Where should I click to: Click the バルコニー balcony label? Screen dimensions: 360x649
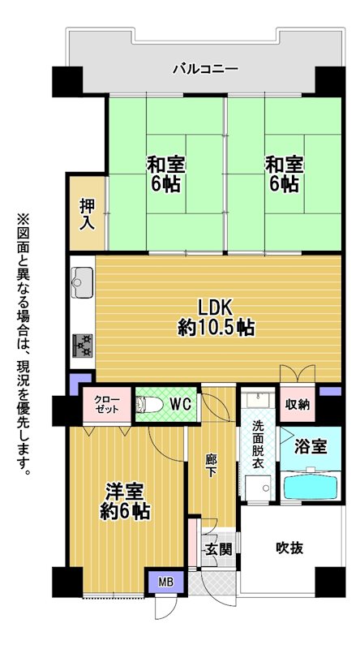tap(205, 68)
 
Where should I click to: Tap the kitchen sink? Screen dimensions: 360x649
tap(82, 282)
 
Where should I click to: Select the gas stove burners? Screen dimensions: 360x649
tap(83, 346)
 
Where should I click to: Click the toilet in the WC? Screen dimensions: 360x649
tap(149, 404)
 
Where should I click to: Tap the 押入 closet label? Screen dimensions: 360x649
tap(88, 214)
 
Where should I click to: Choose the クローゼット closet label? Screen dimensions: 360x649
tap(107, 404)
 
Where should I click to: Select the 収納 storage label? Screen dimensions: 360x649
tap(298, 405)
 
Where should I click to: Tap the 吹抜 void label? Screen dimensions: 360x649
tap(289, 548)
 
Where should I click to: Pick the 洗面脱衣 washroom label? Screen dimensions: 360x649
tap(258, 445)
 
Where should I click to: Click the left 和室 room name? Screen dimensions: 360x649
tap(166, 165)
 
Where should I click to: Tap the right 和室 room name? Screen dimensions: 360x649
tap(285, 165)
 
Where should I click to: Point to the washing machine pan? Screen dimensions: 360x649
tap(258, 488)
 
